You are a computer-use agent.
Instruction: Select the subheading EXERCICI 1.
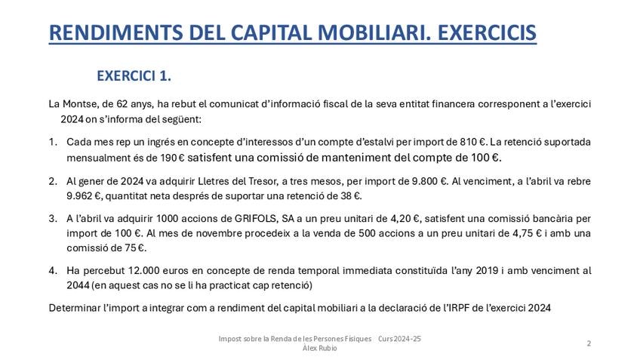click(134, 76)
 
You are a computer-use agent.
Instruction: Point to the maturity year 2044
click(78, 285)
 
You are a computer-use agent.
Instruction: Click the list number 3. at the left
click(54, 219)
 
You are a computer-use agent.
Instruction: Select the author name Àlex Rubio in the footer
click(320, 348)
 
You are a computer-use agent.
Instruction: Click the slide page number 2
click(588, 343)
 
